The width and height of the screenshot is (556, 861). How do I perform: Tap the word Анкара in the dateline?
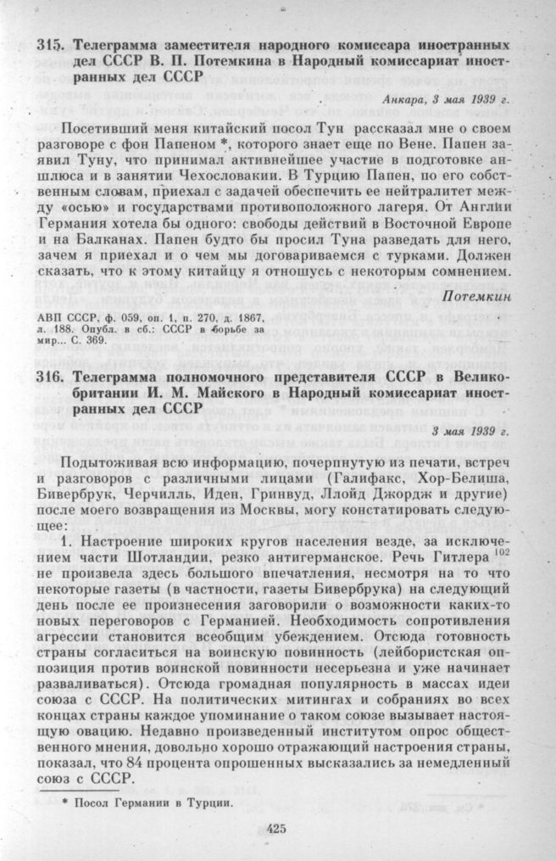(x=406, y=100)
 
